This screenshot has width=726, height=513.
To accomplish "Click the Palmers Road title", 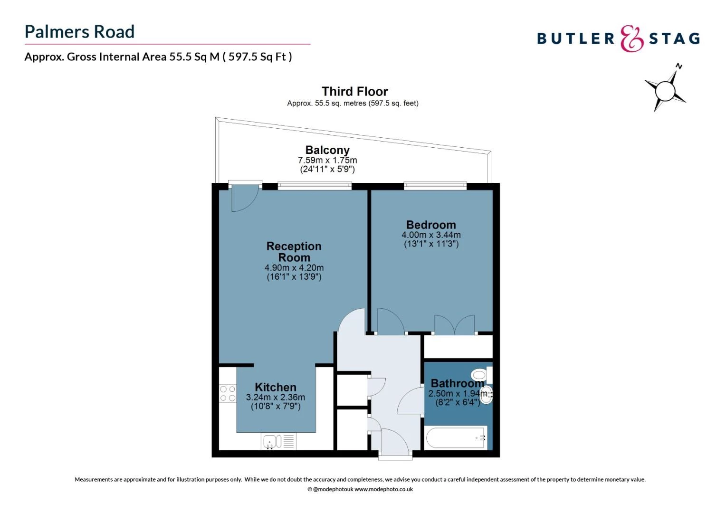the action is pos(79,32).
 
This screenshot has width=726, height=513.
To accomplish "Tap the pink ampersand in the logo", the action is pos(631,38).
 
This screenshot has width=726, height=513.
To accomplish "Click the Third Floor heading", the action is pos(354,91).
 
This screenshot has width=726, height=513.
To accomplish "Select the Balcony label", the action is pos(327,150).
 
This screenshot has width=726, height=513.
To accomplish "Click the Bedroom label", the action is pos(431,225).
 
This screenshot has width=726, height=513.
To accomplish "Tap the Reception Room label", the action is pos(294,252).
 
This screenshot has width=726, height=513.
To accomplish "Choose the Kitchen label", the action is pos(276,387).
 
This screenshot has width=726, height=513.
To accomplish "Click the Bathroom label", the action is pos(458,383).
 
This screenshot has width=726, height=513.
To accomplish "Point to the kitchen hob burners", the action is pos(228,393).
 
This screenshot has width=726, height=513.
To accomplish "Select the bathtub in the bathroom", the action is pos(456,438).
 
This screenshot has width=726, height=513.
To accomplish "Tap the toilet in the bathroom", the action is pos(482,375).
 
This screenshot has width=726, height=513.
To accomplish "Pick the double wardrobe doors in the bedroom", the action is pos(455,324).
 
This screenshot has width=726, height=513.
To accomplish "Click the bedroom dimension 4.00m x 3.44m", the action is pos(431,235).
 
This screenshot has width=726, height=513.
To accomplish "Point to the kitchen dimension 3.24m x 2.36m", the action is pos(276,397).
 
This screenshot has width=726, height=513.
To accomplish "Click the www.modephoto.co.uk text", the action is pos(384,489).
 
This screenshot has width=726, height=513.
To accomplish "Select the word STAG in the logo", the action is pos(674,38).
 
